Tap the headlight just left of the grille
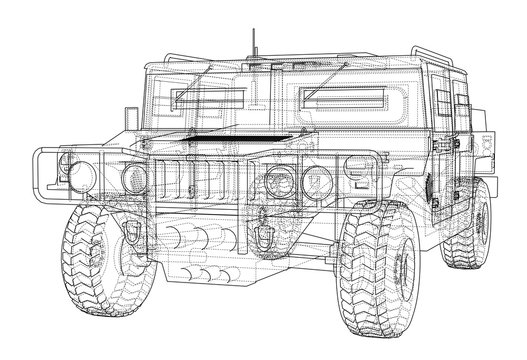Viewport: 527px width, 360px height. pos(133,180)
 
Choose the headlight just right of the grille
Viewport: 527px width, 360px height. pos(279,184)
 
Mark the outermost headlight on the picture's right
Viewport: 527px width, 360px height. pos(319,184)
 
